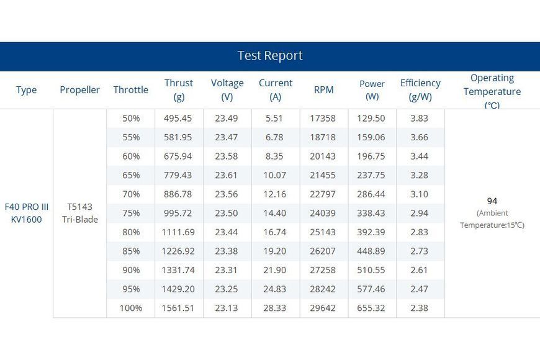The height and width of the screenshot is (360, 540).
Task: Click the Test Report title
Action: (x=270, y=55)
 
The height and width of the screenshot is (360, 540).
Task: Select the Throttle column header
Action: (x=131, y=90)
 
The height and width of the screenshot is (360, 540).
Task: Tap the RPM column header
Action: (x=324, y=90)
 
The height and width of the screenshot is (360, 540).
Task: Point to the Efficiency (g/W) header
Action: (x=420, y=90)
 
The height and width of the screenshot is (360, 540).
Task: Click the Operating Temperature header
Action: (x=492, y=91)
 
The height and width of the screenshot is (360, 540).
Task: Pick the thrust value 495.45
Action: (x=178, y=119)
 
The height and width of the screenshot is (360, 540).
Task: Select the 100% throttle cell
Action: (x=131, y=308)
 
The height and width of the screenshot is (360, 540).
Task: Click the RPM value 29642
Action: (x=323, y=308)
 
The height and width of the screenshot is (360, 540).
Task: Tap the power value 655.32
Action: (x=371, y=308)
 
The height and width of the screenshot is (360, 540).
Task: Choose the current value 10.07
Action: (x=275, y=176)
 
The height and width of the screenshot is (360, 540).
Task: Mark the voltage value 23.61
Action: (x=227, y=176)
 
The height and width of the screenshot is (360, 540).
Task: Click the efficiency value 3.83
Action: (x=419, y=119)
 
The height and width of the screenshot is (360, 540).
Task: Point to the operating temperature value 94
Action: (x=492, y=201)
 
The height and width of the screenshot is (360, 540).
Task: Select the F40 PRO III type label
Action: (x=27, y=207)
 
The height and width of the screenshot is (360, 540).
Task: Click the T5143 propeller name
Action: (x=80, y=207)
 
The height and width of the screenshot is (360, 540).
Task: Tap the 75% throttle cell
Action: (x=131, y=214)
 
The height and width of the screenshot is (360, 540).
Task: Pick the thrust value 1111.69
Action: (x=178, y=232)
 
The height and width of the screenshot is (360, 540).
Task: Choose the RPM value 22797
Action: (x=323, y=194)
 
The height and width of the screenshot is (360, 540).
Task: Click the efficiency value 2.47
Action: (x=419, y=289)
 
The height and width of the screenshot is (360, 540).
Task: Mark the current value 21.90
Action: (x=275, y=270)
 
